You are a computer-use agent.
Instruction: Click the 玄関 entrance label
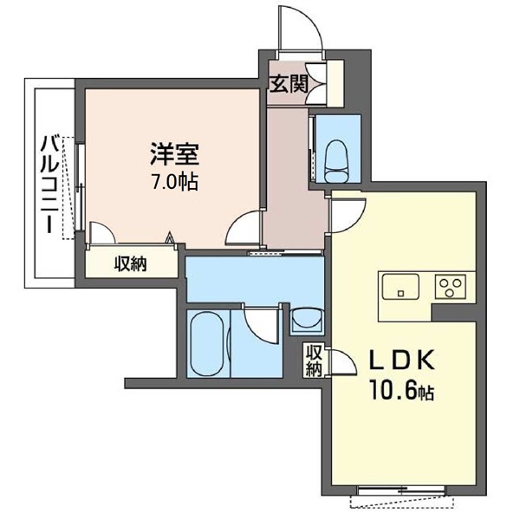(289, 84)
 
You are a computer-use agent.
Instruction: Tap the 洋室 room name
(174, 154)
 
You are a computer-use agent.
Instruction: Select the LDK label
(401, 360)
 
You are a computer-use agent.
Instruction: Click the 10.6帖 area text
(401, 391)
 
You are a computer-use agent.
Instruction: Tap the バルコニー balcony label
(50, 184)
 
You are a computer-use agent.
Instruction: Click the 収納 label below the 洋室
(131, 264)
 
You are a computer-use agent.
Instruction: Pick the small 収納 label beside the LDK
(315, 360)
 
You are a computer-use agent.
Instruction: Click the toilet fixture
(338, 161)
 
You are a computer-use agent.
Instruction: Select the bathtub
(206, 344)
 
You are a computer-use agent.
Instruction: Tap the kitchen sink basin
(400, 286)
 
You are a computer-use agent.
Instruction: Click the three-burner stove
(451, 287)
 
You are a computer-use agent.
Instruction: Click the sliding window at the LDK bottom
(401, 490)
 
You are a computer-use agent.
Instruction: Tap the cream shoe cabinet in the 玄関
(335, 83)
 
